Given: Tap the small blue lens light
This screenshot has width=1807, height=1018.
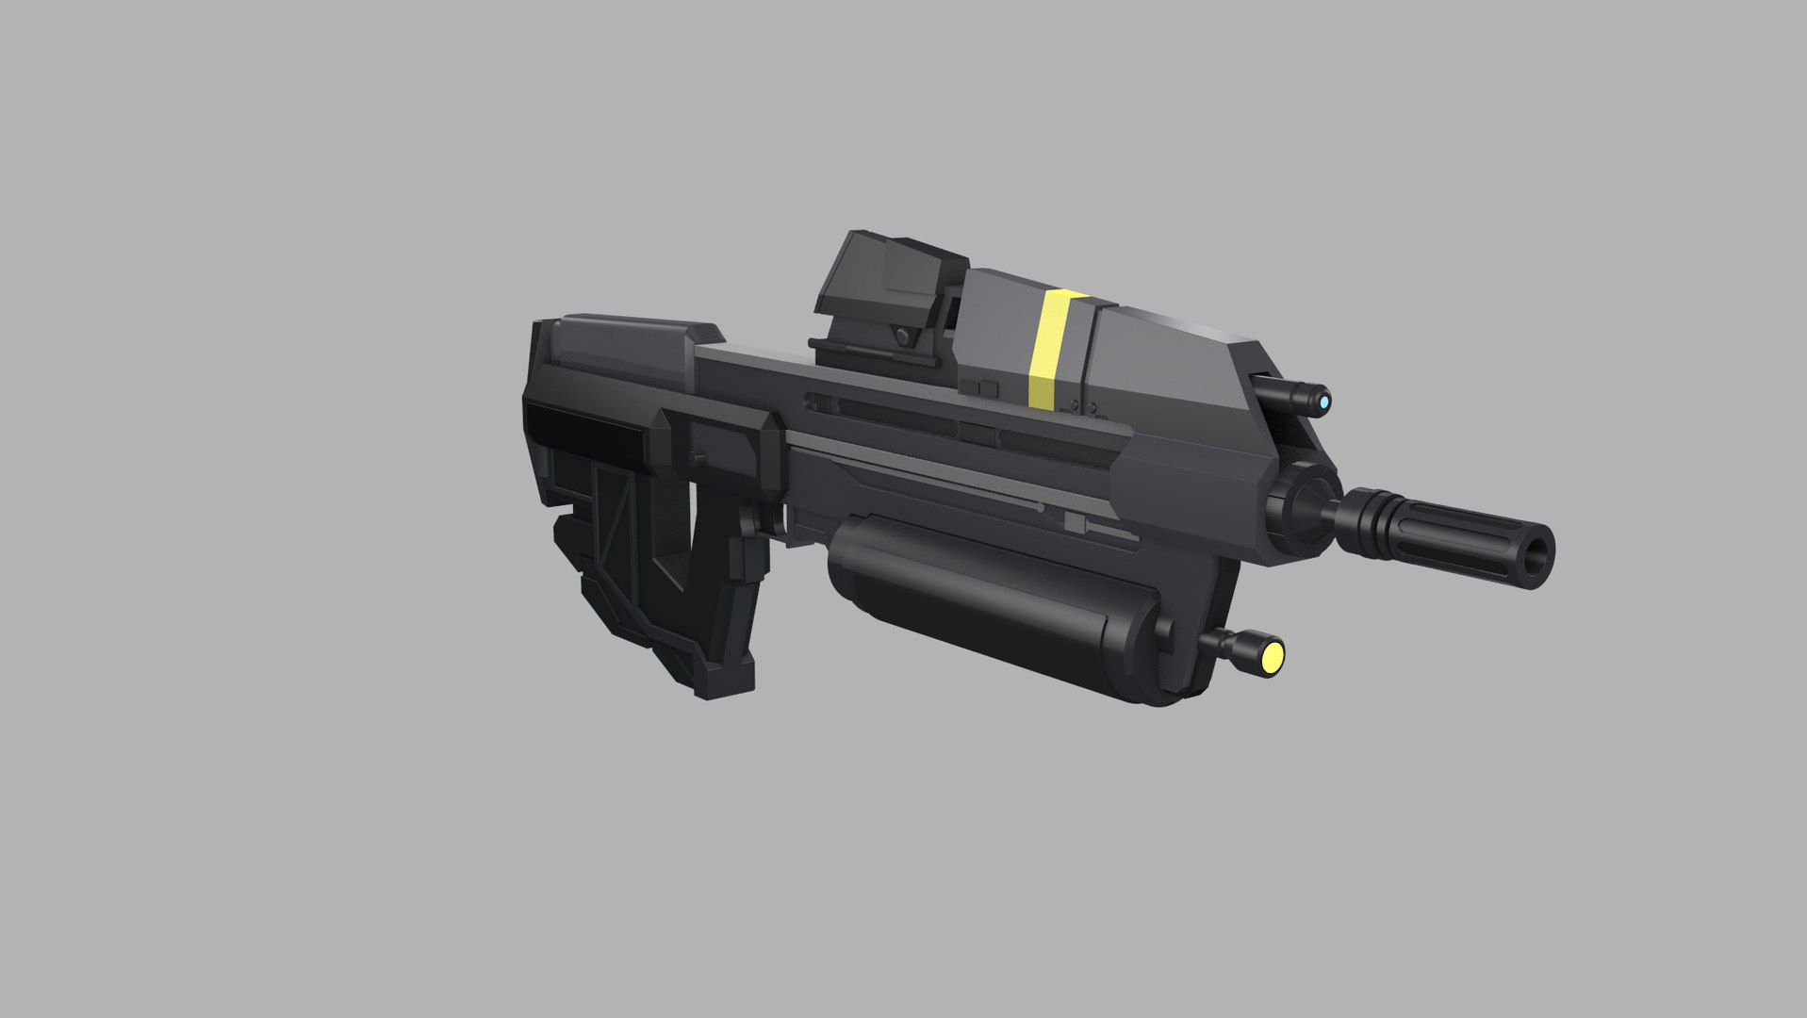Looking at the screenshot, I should (x=1324, y=403).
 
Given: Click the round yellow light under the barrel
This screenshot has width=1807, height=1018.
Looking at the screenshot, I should (x=1273, y=656).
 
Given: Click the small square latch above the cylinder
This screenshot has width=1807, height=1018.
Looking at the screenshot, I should (x=1075, y=519).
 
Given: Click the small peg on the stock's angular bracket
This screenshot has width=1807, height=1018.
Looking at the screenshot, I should (x=697, y=457).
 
